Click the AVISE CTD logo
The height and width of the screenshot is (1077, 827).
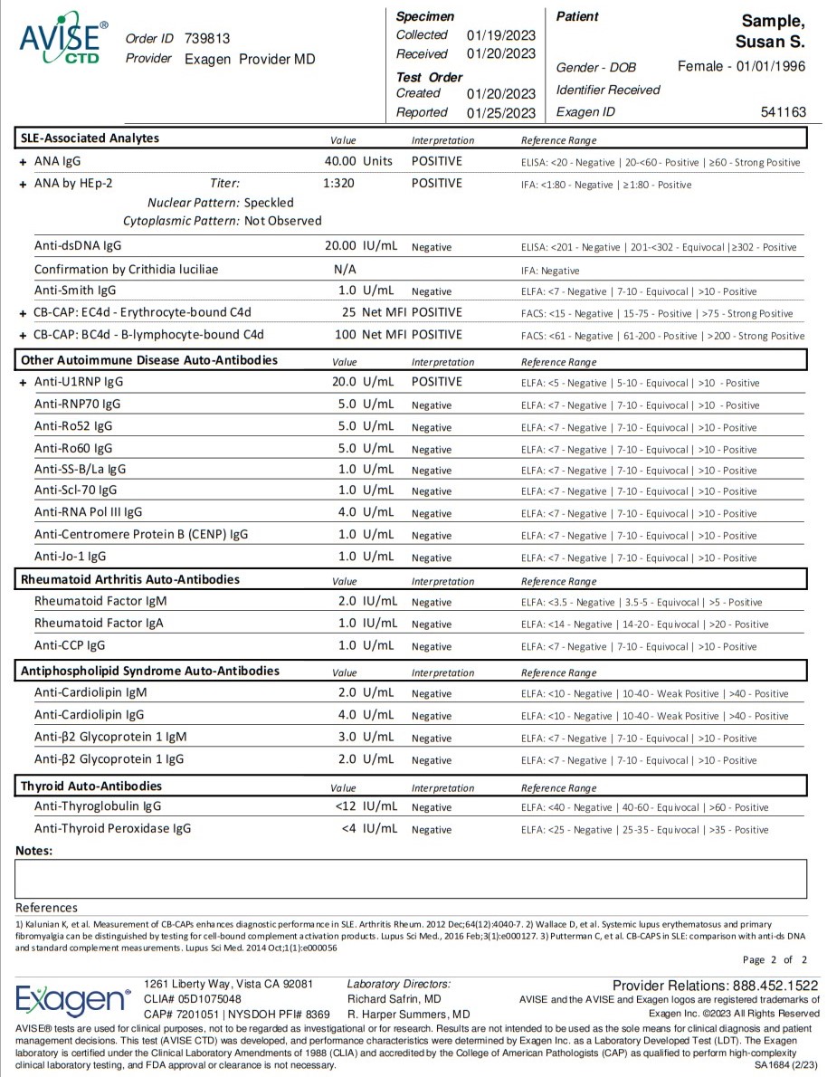(62, 39)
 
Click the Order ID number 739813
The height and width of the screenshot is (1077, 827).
(207, 39)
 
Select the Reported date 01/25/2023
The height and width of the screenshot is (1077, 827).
(500, 113)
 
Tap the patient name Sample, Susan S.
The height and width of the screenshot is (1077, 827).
(773, 31)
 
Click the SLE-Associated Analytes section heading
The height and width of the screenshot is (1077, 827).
(90, 138)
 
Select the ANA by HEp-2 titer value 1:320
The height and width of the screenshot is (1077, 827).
(338, 183)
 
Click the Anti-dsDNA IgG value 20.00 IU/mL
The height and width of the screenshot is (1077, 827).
(360, 246)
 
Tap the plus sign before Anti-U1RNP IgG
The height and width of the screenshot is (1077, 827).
(23, 383)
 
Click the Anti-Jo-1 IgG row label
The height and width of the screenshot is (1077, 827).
(70, 557)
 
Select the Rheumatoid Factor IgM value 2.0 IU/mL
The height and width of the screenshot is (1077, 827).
(367, 601)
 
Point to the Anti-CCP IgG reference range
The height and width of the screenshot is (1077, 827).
(639, 647)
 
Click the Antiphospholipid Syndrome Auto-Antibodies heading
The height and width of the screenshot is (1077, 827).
(149, 671)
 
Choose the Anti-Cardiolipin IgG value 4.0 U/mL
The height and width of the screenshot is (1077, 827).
(366, 715)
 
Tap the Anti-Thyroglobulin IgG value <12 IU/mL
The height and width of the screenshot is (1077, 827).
(366, 806)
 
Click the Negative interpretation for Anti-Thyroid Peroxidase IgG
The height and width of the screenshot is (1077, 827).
(432, 830)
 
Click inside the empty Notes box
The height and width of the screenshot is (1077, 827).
(411, 878)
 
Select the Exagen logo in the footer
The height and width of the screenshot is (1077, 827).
(73, 999)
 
